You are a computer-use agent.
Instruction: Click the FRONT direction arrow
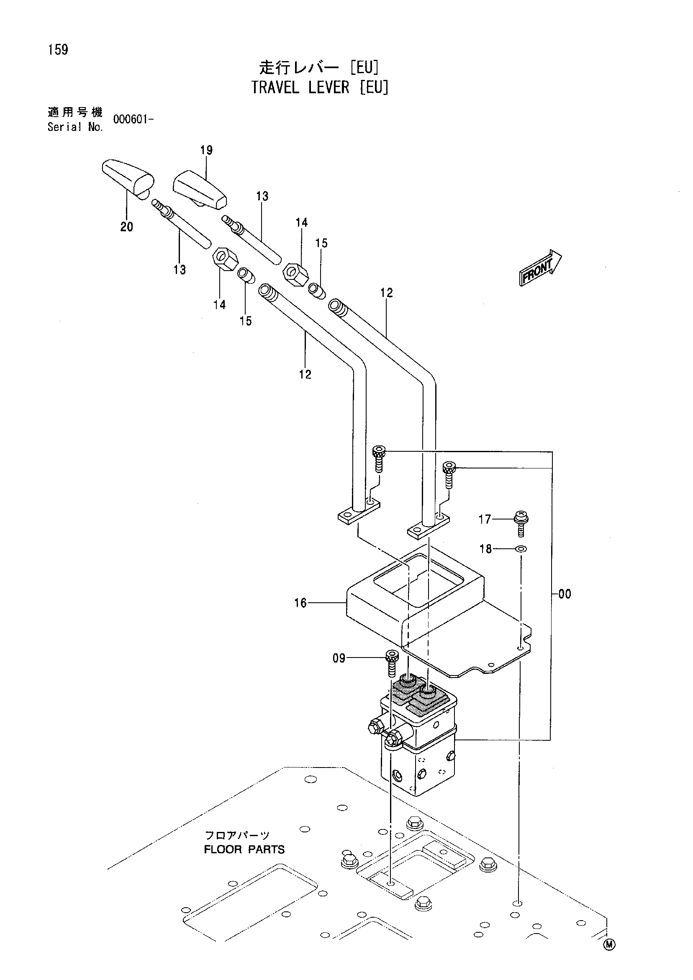coord(541,267)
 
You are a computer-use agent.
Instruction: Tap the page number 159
coord(58,50)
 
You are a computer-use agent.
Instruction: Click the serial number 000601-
coord(133,119)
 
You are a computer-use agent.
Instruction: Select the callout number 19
coord(206,150)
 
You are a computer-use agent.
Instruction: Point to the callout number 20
coord(127,227)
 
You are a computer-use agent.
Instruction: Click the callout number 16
coord(300,603)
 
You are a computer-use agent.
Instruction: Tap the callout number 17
coord(485,519)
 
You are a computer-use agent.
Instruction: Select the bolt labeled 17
coord(521,523)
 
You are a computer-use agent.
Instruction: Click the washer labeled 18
coord(521,548)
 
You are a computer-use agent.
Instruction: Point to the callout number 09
coord(339,658)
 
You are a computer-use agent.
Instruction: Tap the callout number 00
coord(565,594)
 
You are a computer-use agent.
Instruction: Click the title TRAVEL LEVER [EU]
coord(320,87)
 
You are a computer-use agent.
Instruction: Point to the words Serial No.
coord(75,127)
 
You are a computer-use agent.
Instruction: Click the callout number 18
coord(486,548)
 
